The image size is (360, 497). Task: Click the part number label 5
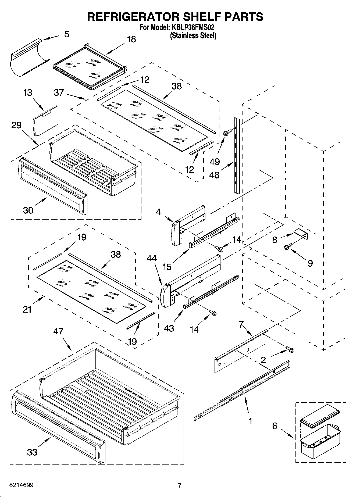tap(66, 34)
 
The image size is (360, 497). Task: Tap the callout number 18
tap(131, 39)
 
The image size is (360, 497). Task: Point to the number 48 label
tap(214, 175)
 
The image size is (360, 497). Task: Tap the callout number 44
tap(152, 258)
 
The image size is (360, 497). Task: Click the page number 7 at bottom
tap(180, 485)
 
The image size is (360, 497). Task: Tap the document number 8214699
tap(22, 485)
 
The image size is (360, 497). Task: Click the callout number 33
tap(32, 452)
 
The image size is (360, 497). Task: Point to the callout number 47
tap(58, 331)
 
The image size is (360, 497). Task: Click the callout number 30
tap(28, 210)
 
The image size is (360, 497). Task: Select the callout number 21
tap(27, 309)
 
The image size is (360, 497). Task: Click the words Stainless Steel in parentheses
tap(193, 35)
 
